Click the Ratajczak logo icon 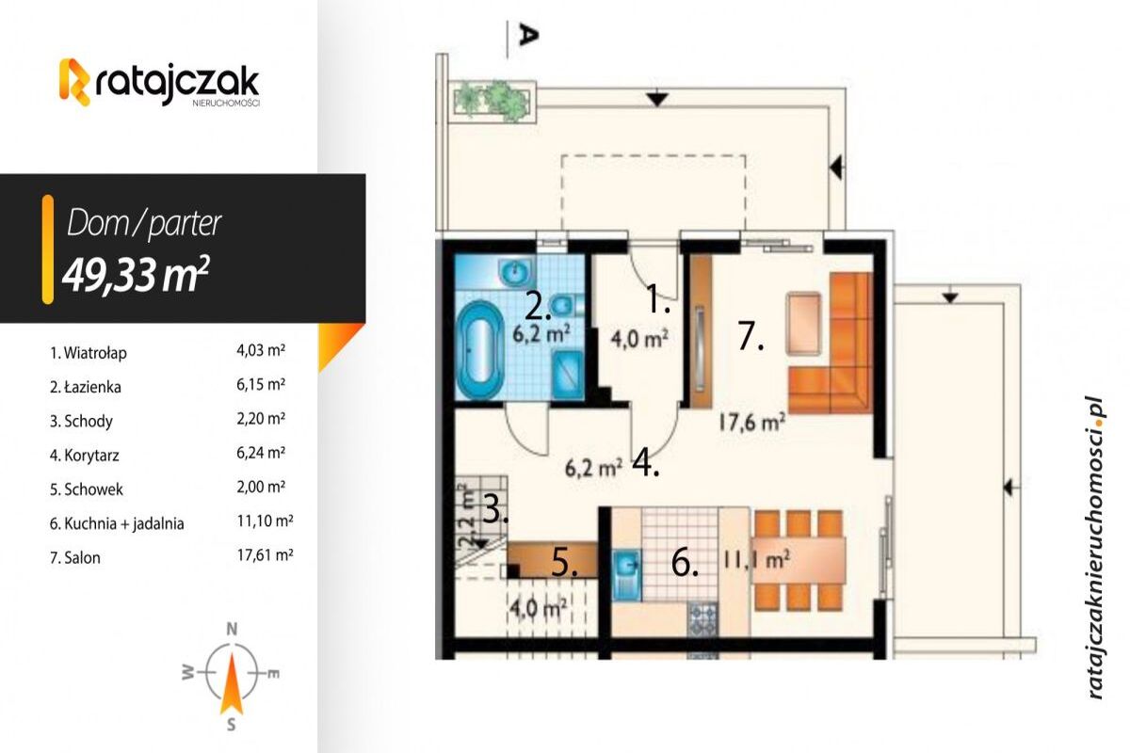pos(75,82)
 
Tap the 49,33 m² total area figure pos(136,275)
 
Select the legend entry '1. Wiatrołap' pos(88,353)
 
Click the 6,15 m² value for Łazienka pos(261,384)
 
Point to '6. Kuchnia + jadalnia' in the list pos(117,523)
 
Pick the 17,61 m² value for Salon pos(265,555)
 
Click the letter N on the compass pos(232,629)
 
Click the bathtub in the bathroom pos(480,350)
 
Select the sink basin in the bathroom pos(515,273)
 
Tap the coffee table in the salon pos(803,323)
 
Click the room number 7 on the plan pos(751,336)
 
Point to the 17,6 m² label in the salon pos(751,423)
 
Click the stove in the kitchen pos(702,620)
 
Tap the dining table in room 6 pos(799,561)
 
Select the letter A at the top pos(527,36)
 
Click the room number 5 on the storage pos(564,562)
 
